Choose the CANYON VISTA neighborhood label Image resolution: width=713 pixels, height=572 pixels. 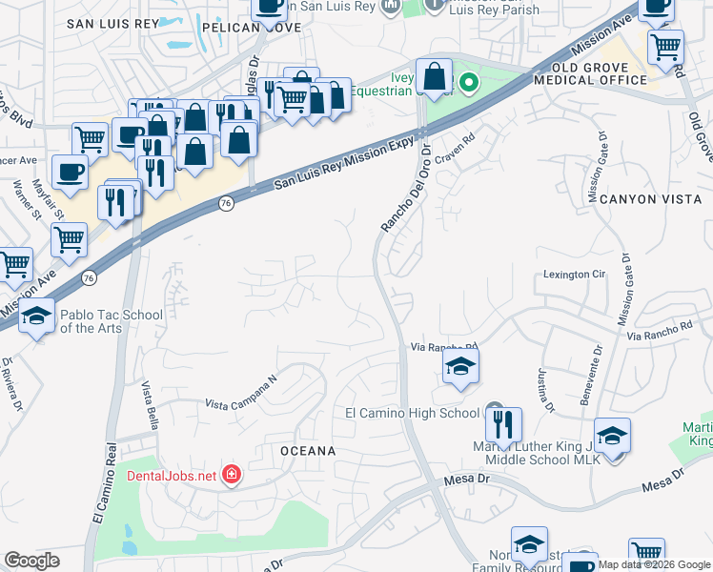[651, 198]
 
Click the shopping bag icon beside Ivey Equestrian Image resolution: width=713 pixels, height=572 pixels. [434, 75]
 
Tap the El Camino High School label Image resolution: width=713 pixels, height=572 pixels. [412, 413]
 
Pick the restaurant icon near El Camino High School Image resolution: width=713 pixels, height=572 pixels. [504, 422]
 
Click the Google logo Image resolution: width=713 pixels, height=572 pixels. [31, 561]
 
